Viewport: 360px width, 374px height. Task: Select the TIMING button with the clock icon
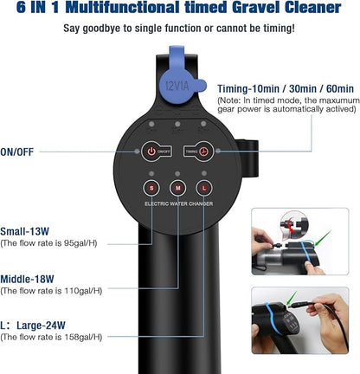pos(203,150)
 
